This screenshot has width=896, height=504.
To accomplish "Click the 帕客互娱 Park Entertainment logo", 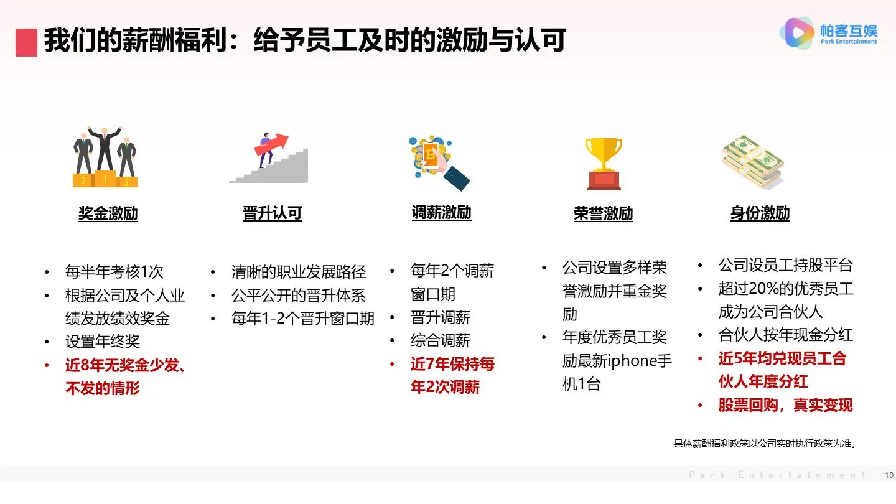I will (829, 33).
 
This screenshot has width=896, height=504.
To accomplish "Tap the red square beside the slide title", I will (26, 42).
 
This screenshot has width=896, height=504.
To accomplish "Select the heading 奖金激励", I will (108, 213).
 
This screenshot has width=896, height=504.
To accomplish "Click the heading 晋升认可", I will (272, 213).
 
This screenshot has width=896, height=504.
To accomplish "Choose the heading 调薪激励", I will (441, 213).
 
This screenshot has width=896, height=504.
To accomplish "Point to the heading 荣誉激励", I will (603, 213).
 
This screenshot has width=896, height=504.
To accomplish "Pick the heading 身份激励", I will (760, 213).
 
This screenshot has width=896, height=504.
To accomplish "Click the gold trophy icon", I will (603, 163).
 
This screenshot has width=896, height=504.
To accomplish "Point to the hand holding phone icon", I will (438, 162).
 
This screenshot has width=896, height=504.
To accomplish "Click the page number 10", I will (889, 475).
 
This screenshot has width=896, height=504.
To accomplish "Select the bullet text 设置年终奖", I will (103, 342).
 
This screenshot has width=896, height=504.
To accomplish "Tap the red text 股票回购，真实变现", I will (785, 405).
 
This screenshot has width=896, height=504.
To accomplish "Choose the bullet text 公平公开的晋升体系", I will (298, 296).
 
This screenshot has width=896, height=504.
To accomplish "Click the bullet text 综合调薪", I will (440, 340).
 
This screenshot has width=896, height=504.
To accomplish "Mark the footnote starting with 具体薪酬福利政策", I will (765, 444).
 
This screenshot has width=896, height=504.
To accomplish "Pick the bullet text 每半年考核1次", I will (114, 272).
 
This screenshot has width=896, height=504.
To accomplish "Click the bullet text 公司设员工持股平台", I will (785, 266).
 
